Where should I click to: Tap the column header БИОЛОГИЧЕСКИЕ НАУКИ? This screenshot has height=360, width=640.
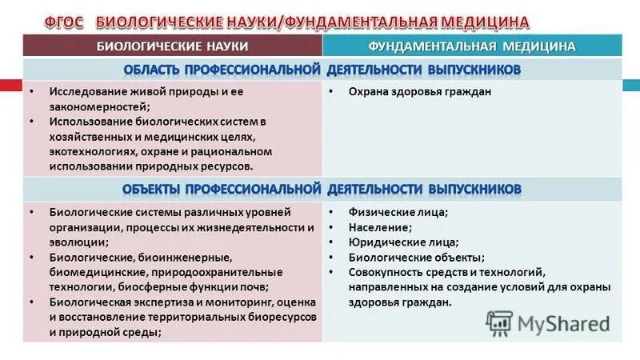[173, 46]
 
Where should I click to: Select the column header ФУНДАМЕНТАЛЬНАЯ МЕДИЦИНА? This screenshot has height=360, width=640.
[472, 46]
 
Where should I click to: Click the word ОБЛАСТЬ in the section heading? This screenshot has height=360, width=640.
[164, 70]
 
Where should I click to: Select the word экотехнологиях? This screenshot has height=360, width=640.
[93, 152]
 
